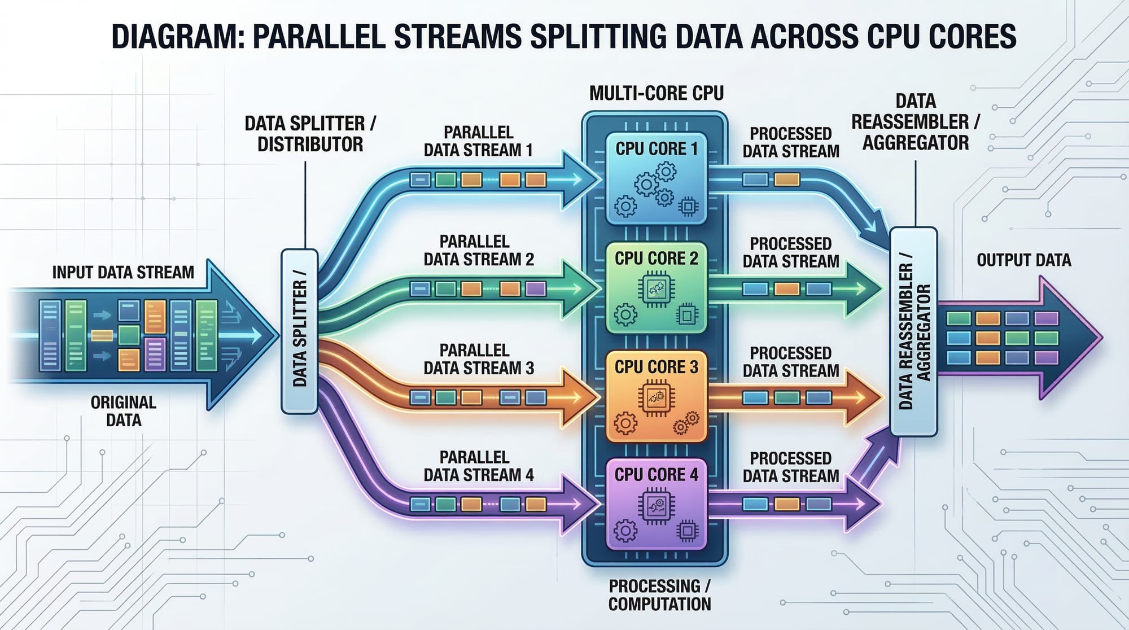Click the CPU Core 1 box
tap(656, 179)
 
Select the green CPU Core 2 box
tap(656, 288)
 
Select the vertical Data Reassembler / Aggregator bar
tap(913, 332)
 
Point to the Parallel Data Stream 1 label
tap(478, 141)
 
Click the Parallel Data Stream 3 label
tap(478, 359)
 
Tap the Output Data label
tap(1023, 260)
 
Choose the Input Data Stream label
tap(123, 272)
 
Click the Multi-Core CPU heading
tap(656, 93)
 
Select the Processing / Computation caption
tap(659, 594)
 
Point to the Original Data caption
tap(124, 411)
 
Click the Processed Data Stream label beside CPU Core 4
tap(790, 467)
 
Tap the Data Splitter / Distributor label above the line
tap(310, 134)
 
